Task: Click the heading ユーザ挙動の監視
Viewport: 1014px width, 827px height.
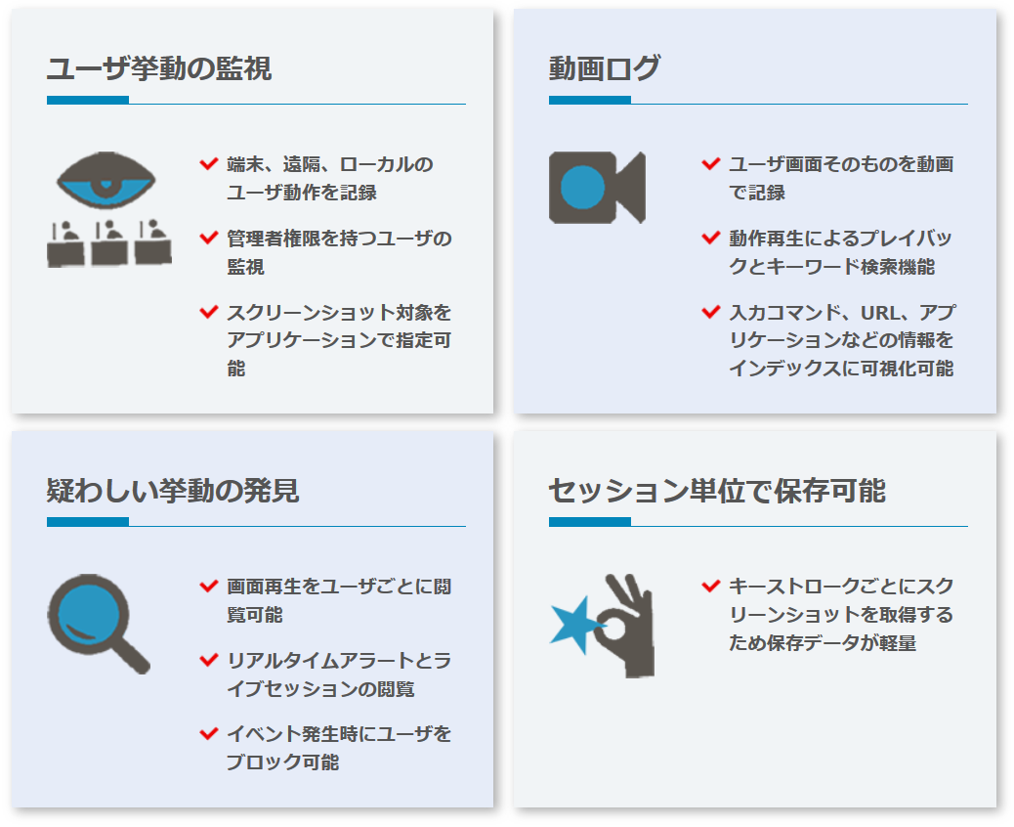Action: pos(159,68)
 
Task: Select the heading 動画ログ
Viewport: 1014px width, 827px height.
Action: pos(604,68)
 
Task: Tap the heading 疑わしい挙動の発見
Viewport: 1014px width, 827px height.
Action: pos(173,491)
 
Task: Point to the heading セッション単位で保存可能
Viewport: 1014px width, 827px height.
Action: pos(716,491)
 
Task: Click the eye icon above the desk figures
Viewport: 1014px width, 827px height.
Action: pos(106,180)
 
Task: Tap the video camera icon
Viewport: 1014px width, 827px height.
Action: pos(597,188)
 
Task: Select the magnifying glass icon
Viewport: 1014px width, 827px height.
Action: pos(99,624)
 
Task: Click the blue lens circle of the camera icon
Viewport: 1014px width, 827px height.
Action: pos(582,188)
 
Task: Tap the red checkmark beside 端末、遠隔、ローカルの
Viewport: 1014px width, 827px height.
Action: pos(209,163)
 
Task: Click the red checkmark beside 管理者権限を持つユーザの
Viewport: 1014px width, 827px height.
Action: pos(209,238)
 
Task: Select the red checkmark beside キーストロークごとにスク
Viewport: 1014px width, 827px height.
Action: pos(711,587)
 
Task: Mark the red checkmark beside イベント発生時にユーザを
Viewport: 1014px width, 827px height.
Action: pos(209,734)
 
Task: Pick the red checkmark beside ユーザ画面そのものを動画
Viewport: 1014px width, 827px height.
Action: pos(711,163)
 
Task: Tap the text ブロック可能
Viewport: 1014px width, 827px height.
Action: pos(282,762)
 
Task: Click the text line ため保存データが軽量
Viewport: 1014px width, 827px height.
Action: pos(823,642)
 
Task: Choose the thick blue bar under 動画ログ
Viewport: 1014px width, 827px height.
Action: pos(590,100)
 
